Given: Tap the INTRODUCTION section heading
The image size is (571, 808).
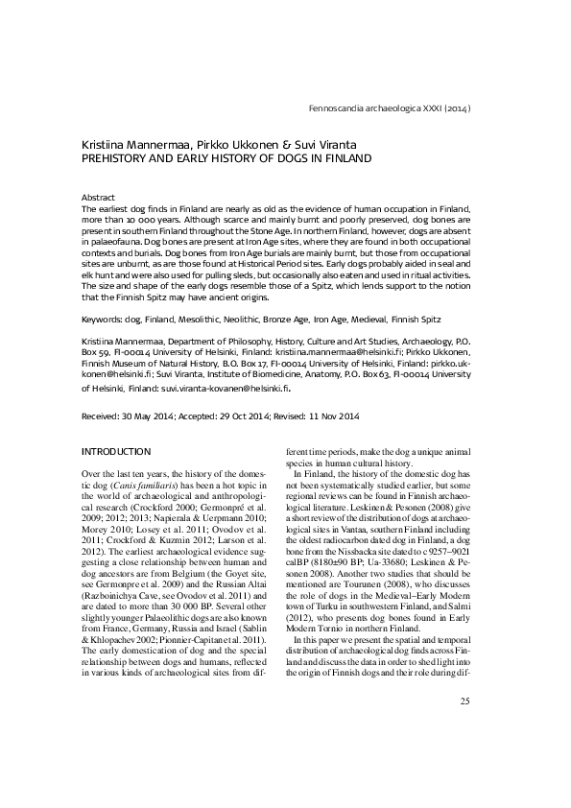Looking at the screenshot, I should click(117, 451).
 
